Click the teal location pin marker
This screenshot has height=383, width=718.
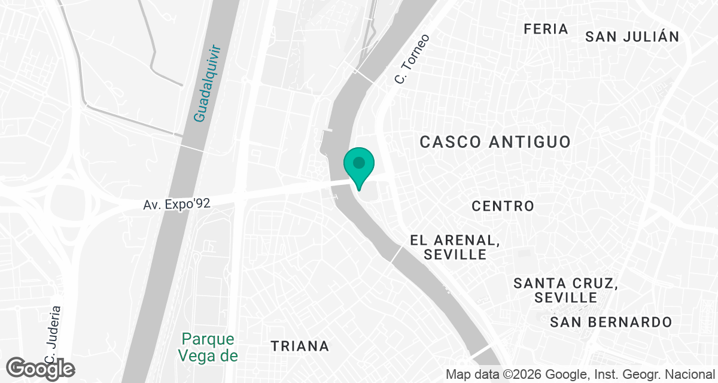coord(358,168)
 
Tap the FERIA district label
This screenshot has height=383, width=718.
coord(545,29)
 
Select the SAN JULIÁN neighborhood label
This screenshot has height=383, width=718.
coord(632,37)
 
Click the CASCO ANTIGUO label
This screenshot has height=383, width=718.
coord(495,142)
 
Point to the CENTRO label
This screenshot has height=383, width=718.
coord(503,206)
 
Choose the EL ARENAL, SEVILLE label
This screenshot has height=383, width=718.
coord(455,247)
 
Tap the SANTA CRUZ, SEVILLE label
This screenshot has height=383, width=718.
coord(565,290)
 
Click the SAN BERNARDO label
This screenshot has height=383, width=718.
coord(611,322)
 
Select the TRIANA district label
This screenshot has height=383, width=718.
coord(300,346)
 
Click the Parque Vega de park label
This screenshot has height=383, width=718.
coord(209,347)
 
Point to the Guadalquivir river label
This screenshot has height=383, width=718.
coord(207,83)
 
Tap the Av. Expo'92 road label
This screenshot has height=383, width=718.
coord(177,204)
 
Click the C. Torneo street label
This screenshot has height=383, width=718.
coord(412,59)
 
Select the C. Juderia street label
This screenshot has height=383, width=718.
coord(52,335)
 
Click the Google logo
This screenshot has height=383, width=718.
coord(40,369)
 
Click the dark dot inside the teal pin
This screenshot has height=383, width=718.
coord(358,162)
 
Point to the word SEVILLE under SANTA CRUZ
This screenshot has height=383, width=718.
coord(566,297)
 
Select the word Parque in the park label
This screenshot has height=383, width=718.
coord(208,339)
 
